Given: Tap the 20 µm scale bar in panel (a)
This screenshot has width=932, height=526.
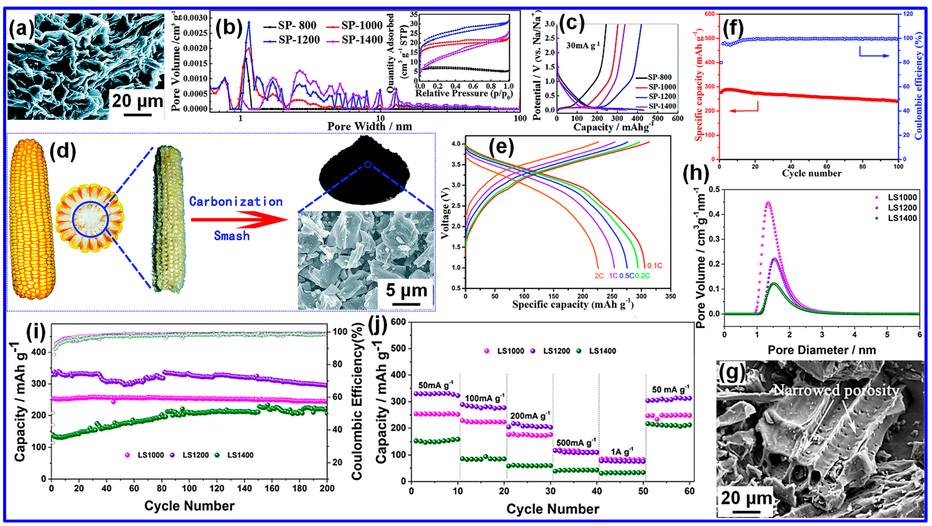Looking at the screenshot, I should [x=138, y=115].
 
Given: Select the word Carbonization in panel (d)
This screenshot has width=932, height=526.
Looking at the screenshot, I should [x=236, y=202].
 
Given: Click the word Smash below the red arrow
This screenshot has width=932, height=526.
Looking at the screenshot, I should [x=232, y=236].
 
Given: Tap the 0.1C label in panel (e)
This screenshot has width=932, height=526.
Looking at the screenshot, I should [x=655, y=266].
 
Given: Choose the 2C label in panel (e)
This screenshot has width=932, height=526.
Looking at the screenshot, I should [x=599, y=276].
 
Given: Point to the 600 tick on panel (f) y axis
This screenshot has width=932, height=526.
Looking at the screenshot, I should [x=710, y=14].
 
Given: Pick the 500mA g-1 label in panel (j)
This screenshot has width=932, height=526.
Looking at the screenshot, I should [x=576, y=443].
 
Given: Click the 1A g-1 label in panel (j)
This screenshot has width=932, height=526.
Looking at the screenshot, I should [x=622, y=452].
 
